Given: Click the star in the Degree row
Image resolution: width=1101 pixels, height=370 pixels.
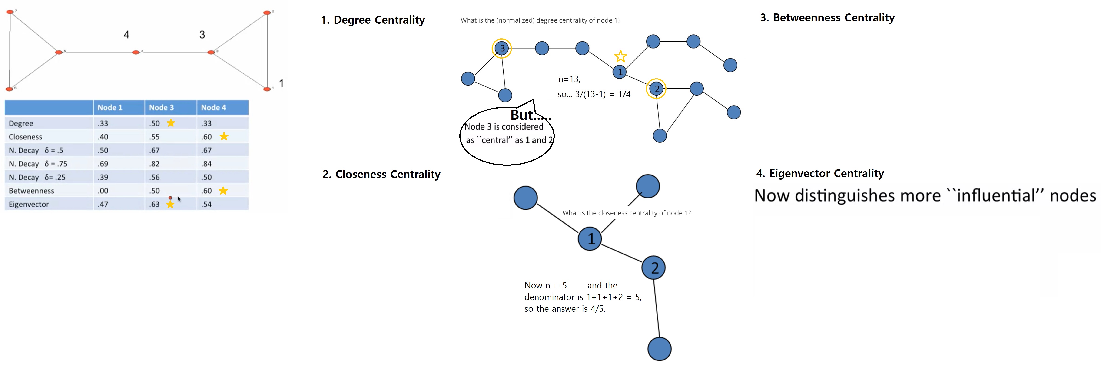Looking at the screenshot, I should point(171,123).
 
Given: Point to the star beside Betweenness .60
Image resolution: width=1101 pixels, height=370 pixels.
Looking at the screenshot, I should point(223,191).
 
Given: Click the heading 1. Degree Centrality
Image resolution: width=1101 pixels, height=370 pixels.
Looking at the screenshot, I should point(373,20).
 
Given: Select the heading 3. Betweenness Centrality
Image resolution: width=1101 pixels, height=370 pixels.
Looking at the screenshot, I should point(827,17).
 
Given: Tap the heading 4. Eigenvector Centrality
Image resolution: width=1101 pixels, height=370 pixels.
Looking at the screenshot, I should point(820,173).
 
